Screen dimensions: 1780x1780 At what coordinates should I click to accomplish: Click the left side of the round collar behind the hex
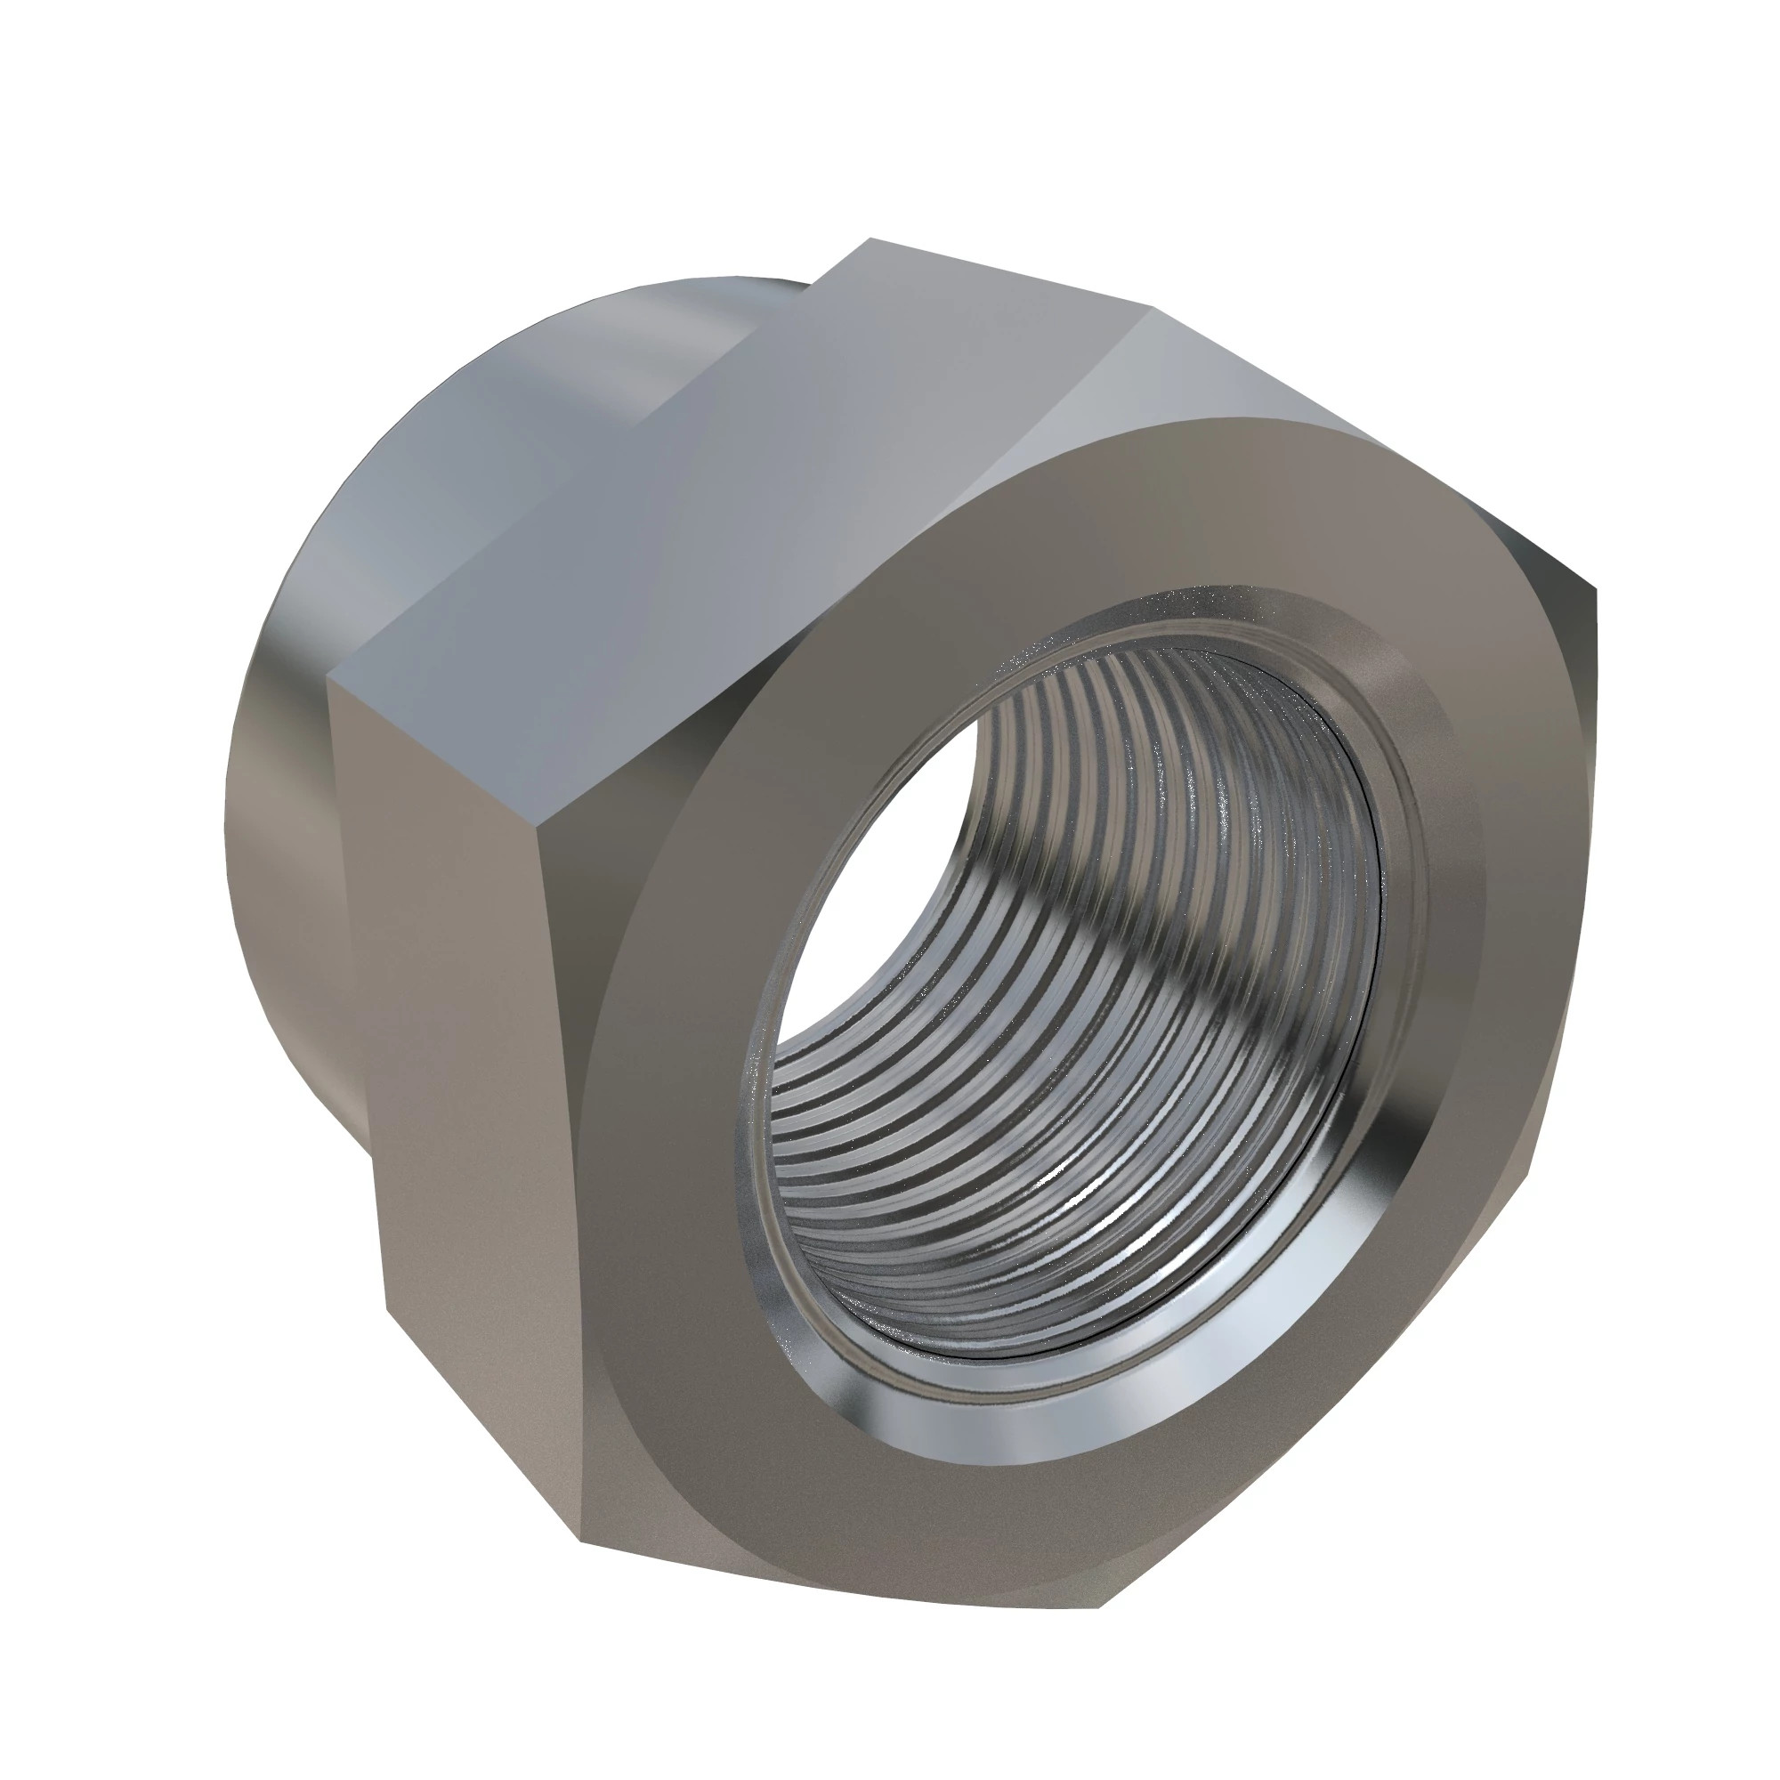coord(277,829)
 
